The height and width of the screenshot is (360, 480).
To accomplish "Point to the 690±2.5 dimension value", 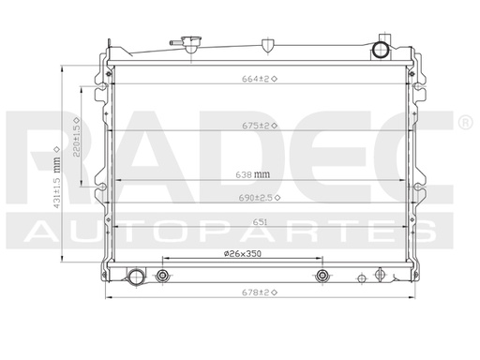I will tap(256, 197).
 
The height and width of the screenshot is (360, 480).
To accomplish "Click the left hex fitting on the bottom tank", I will tap(164, 276).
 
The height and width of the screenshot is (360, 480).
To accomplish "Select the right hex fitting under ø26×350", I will tap(322, 276).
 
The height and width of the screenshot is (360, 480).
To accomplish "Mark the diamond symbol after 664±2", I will tap(277, 79).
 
